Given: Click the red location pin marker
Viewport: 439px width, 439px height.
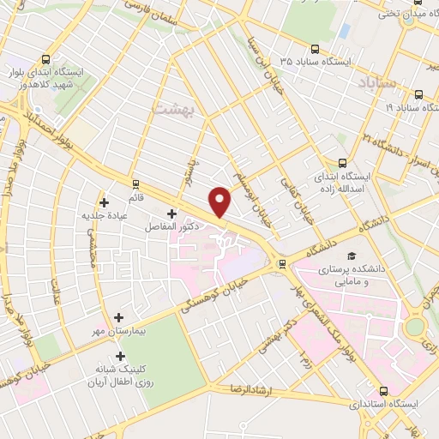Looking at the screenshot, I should coord(221,201).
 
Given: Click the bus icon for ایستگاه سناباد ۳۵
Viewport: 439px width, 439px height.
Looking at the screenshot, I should coord(316,49).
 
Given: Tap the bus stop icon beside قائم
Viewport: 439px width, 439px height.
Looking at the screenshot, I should coord(135,183).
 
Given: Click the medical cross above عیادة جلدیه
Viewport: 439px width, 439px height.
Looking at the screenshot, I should coord(105,203).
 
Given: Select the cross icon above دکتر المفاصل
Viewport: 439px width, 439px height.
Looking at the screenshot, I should coord(171,213).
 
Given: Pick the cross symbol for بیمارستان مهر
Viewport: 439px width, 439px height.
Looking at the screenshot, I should coord(118,317).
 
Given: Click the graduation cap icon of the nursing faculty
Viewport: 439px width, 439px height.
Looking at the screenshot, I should coord(351,256).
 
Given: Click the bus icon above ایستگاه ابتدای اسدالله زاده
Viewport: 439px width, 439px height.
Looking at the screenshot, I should coord(343,163).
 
